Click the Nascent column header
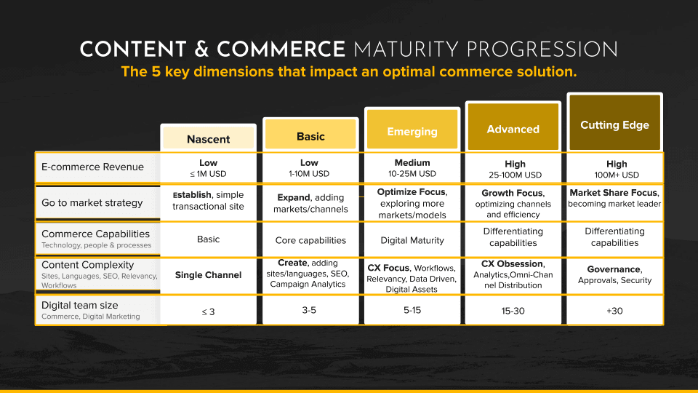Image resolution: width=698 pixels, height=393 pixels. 208,139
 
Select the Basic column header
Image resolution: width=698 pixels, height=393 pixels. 310,136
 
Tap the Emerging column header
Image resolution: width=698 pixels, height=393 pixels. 412,132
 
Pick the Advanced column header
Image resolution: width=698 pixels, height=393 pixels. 513,129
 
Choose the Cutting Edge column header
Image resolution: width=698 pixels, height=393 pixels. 614,124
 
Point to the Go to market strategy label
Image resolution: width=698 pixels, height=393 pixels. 92,202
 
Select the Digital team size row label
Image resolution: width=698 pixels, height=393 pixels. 79,305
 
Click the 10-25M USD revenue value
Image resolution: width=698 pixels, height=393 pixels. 412,174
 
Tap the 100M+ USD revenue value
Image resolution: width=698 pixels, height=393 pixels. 614,175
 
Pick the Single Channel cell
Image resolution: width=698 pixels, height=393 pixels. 208,274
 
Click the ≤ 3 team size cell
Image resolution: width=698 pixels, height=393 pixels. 208,311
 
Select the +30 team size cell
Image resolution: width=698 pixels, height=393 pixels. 614,311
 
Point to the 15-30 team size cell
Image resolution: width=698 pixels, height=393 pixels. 513,311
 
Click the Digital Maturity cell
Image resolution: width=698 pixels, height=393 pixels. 412,239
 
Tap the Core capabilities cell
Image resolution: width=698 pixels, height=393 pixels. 310,239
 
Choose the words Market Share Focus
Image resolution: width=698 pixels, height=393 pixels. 614,193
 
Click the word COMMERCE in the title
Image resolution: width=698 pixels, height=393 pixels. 281,49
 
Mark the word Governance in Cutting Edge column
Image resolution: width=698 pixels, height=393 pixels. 613,269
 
